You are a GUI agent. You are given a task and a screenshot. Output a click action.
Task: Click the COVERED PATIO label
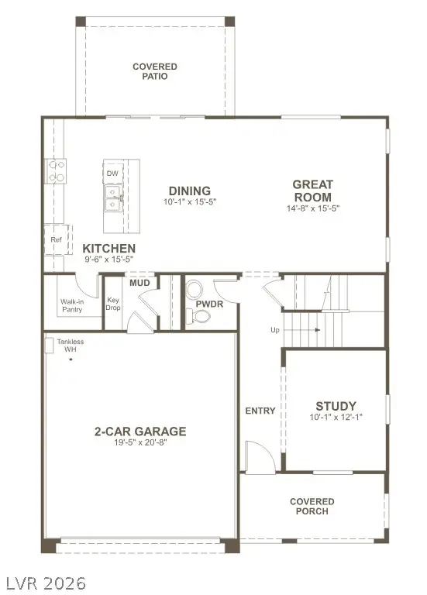coord(154,71)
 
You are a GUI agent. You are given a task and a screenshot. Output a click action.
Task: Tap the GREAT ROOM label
coord(312,190)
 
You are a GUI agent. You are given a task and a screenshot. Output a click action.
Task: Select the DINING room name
coord(189,191)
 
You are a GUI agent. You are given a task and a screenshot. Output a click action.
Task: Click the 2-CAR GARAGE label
coord(140,432)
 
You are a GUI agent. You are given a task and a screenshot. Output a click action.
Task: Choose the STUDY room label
coord(336,406)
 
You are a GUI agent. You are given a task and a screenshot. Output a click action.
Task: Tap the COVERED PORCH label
coord(312,506)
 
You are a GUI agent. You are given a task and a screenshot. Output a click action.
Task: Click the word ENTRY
coord(260,411)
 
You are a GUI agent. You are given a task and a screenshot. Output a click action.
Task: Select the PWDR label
coord(209,304)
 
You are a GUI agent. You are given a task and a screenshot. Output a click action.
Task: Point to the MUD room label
coord(139,283)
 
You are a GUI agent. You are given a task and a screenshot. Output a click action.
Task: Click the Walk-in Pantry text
coord(73,306)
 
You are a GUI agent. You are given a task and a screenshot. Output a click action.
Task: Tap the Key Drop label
coord(113,303)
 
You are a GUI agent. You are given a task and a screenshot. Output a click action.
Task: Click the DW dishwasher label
coord(112,174)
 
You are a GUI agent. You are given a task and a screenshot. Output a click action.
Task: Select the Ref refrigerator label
coord(56,239)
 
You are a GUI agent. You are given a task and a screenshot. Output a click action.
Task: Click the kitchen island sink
coord(112,199)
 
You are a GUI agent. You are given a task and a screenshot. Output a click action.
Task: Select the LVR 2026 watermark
coord(44,582)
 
